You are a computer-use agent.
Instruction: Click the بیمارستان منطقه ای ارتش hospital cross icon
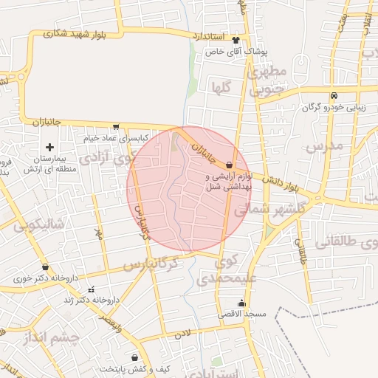coord(49,147)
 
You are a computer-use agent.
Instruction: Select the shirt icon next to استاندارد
coord(236,40)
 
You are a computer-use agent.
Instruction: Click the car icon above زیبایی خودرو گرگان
coord(334,95)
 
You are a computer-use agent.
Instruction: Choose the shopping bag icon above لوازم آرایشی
coord(229,165)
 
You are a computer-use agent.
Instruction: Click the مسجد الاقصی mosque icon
coord(241,303)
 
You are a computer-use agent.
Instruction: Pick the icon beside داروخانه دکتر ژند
coord(91,289)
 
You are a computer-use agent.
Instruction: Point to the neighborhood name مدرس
coord(325,146)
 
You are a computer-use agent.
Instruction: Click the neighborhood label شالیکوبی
coord(39,224)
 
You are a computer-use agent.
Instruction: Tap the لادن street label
coord(182,333)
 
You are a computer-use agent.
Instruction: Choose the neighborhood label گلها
coord(221,88)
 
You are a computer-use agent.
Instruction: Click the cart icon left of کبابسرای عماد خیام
coord(116,126)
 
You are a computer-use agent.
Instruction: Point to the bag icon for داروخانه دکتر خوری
coord(46,267)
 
